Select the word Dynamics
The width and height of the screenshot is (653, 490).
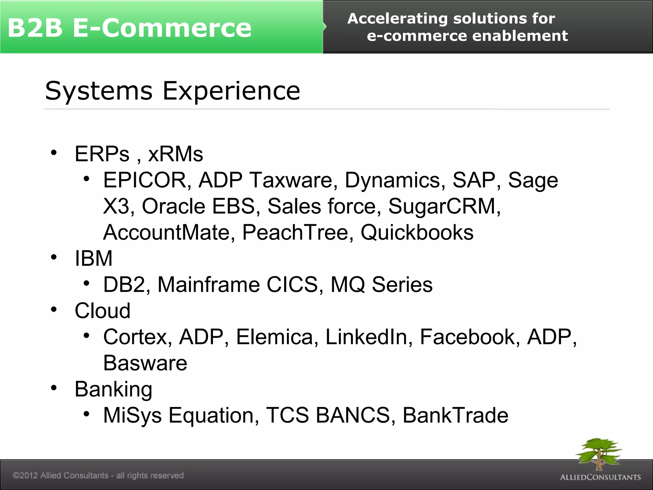(395, 181)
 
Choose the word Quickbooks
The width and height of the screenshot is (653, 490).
(417, 232)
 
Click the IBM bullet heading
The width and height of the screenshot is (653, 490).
(93, 258)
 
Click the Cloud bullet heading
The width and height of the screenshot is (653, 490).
(102, 311)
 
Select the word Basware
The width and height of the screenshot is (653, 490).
(145, 363)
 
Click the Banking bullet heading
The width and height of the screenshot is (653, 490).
(113, 390)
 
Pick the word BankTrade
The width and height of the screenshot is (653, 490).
(455, 415)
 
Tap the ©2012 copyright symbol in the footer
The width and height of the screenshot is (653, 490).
(16, 476)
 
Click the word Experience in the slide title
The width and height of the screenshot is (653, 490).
(231, 91)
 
